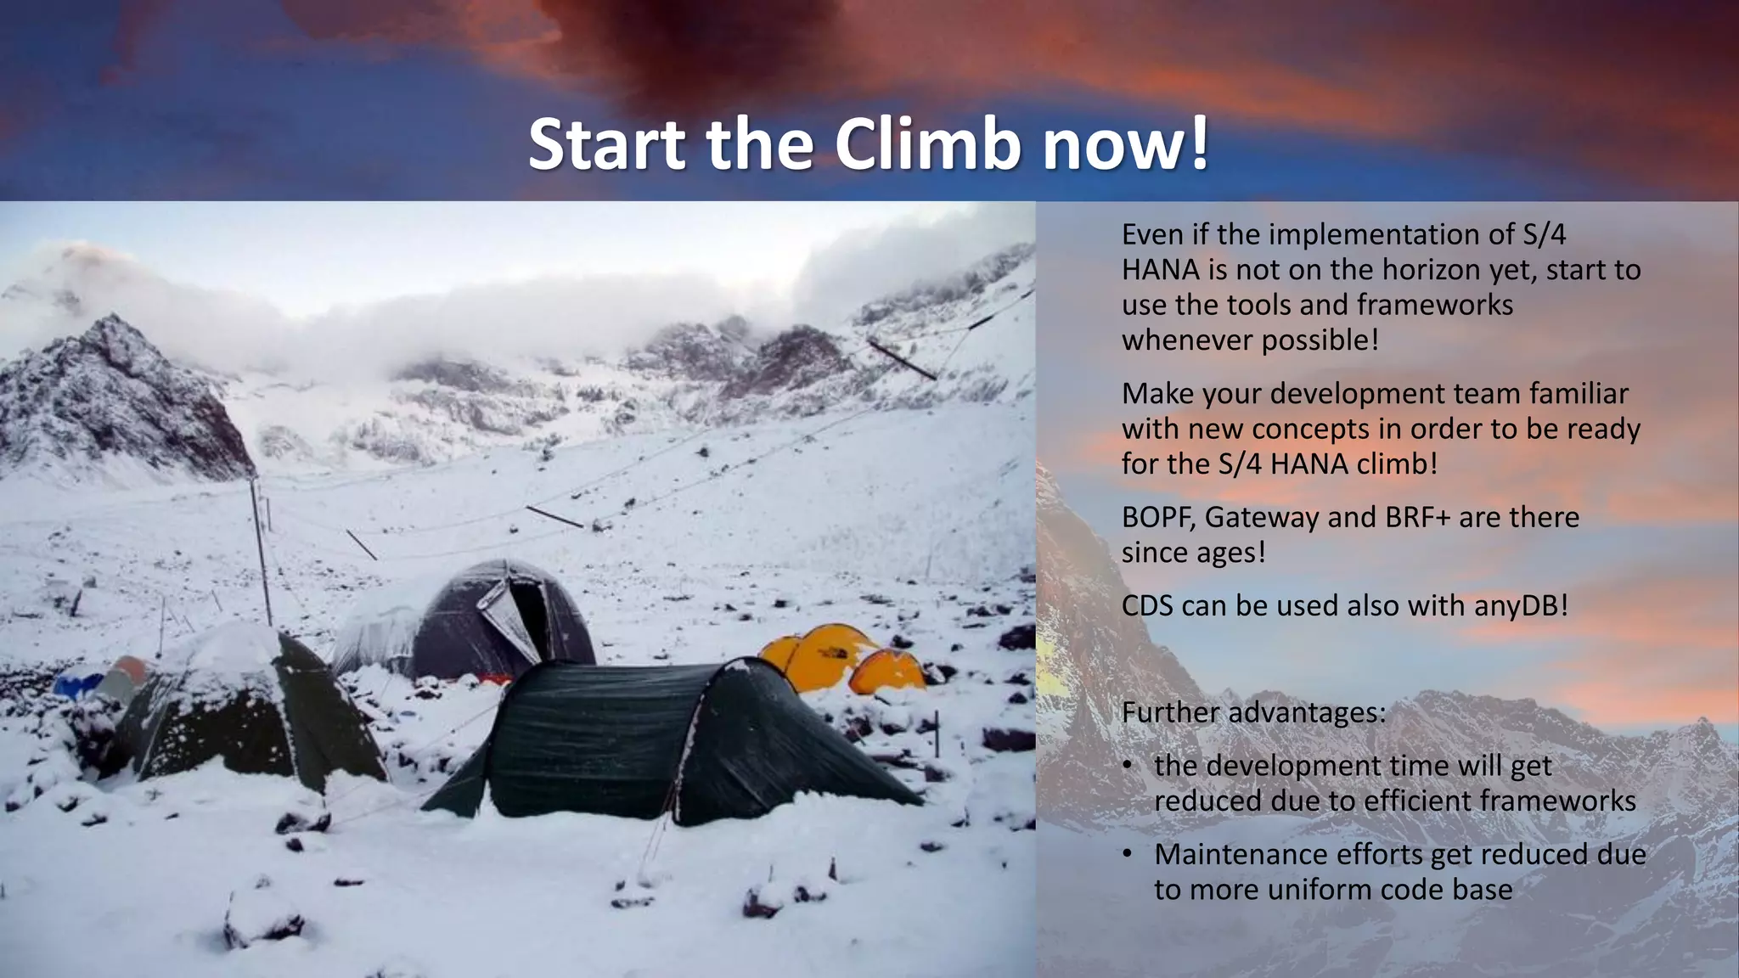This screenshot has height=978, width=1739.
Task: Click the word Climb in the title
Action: [927, 144]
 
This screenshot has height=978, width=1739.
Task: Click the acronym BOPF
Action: [1155, 517]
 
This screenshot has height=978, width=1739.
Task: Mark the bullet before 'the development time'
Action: [1127, 766]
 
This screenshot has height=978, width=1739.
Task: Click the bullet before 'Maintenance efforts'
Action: [1127, 854]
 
